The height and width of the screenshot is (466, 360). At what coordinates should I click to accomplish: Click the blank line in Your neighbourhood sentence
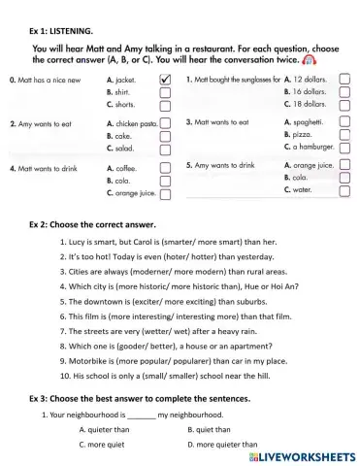141,415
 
